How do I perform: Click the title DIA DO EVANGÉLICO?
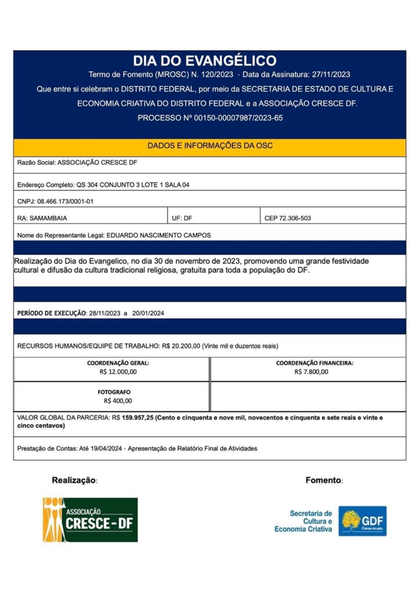pos(204,61)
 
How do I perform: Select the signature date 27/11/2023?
pos(331,75)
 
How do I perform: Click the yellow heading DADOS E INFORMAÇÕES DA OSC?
pos(209,146)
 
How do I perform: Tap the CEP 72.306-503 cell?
pos(287,218)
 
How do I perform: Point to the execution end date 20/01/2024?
pos(148,313)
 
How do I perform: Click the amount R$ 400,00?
pos(118,401)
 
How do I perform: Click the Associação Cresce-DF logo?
pos(90,519)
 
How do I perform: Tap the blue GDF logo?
pos(363,521)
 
